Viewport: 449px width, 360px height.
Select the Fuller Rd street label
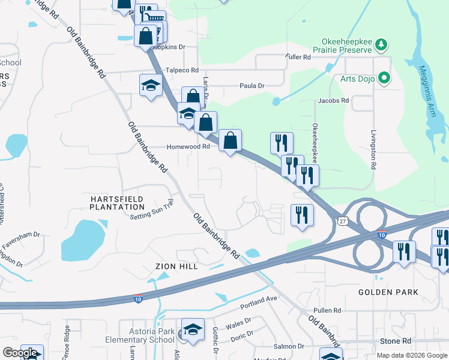coord(298,58)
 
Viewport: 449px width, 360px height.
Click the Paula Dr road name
coord(252,86)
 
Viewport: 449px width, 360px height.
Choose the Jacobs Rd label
coord(333,101)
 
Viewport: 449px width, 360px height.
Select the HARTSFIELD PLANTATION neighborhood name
coord(117,202)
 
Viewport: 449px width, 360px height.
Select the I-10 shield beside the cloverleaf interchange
coord(382,234)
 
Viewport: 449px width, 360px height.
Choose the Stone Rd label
coord(395,340)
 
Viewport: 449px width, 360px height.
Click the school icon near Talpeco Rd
coord(151,85)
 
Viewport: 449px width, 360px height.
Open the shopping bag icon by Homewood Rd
coord(230,142)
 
